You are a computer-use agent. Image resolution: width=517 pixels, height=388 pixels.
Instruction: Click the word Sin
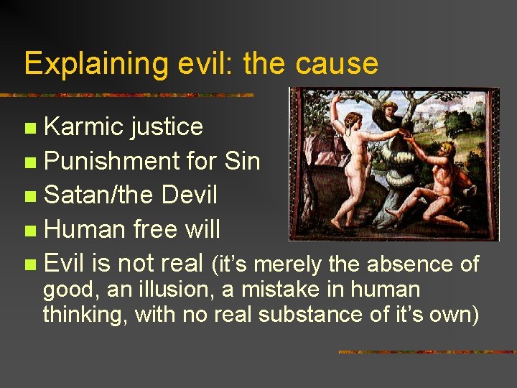pos(241,161)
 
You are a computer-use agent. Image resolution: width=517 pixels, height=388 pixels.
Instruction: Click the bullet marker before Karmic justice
pos(29,129)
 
